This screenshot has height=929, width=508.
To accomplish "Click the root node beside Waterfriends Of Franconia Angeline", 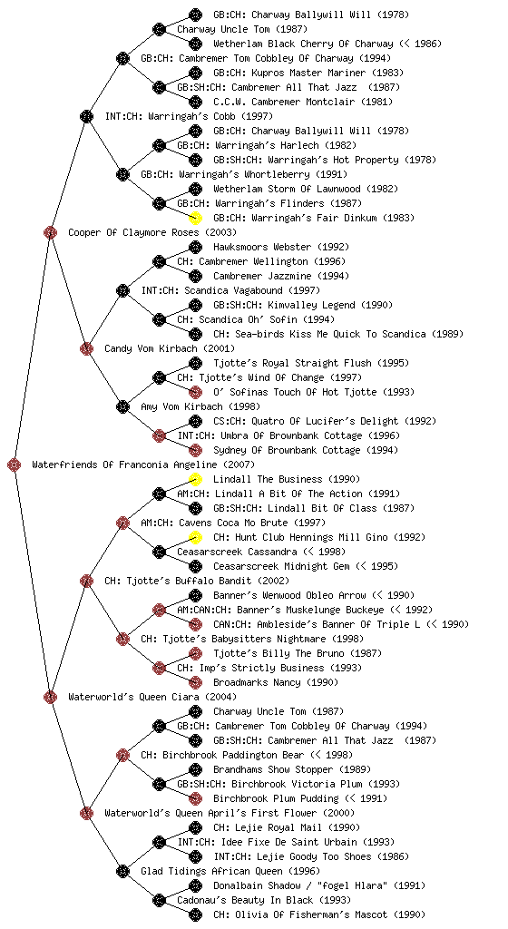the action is point(15,465).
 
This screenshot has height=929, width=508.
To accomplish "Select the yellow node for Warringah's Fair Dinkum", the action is point(195,218).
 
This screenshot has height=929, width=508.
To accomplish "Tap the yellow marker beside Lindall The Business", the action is point(195,479).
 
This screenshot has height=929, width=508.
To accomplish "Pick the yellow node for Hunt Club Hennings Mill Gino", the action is point(195,537).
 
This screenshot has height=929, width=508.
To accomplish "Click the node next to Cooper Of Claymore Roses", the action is point(50,232).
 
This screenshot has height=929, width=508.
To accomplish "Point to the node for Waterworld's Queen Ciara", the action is point(50,697).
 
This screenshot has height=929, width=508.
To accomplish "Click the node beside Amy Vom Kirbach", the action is point(122,406).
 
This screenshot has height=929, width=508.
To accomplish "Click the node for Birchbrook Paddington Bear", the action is point(122,755).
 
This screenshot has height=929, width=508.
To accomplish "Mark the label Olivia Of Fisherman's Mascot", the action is point(311,914).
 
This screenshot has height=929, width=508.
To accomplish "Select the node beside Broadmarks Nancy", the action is point(195,682).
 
